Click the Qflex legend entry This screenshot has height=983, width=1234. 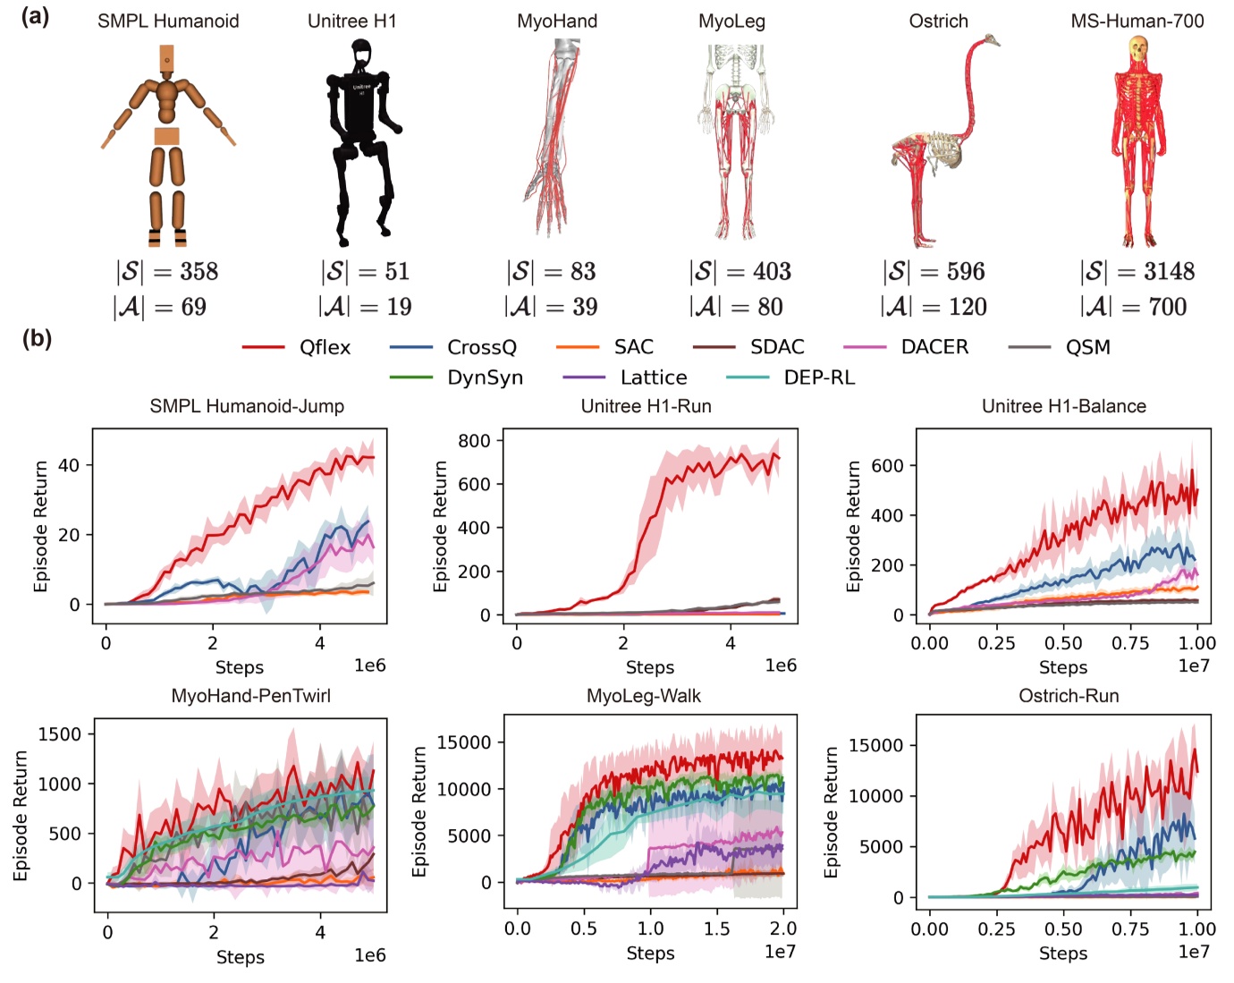tap(325, 347)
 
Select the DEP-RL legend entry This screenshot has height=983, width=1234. tap(819, 377)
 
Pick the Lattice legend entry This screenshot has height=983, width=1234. tap(654, 377)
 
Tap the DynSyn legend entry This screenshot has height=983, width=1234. tap(485, 377)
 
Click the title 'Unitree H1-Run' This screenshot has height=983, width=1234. tap(646, 406)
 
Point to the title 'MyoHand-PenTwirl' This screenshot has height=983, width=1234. tap(250, 696)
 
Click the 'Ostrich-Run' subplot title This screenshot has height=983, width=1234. tap(1069, 696)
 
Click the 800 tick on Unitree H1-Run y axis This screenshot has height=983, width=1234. tap(474, 440)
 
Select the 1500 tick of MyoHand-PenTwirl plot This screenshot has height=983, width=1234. tap(60, 733)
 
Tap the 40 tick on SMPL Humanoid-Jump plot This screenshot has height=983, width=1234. tap(69, 464)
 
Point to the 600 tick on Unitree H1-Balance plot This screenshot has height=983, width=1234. tap(887, 465)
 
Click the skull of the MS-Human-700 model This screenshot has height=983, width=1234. tap(1138, 49)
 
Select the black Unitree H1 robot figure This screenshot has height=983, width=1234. tap(361, 143)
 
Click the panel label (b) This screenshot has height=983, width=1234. tap(36, 338)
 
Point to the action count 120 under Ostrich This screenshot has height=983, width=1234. tap(968, 307)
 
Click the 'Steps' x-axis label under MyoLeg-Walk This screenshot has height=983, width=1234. tap(650, 953)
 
